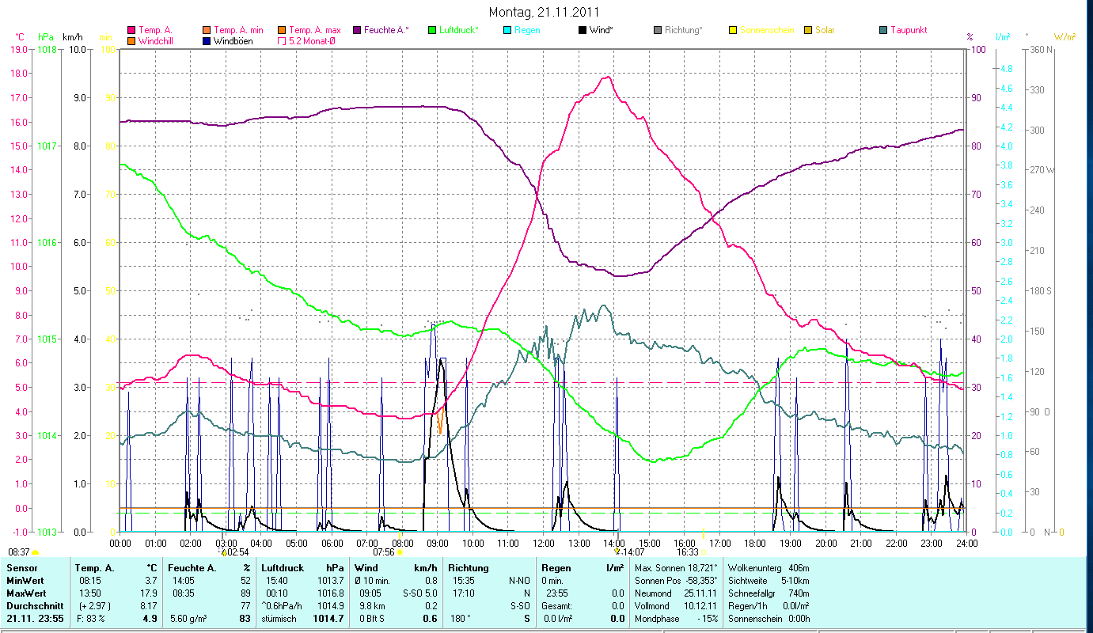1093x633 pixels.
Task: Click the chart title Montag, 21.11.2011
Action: click(544, 12)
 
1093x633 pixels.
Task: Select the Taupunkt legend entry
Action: click(908, 30)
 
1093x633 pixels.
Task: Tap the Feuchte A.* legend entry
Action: click(386, 30)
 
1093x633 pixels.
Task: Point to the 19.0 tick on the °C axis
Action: click(20, 49)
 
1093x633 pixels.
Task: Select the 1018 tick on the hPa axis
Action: click(47, 49)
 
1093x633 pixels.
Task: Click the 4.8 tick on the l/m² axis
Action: click(1007, 69)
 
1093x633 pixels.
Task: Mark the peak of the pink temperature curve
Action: click(607, 77)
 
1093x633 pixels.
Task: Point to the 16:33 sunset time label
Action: click(687, 552)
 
